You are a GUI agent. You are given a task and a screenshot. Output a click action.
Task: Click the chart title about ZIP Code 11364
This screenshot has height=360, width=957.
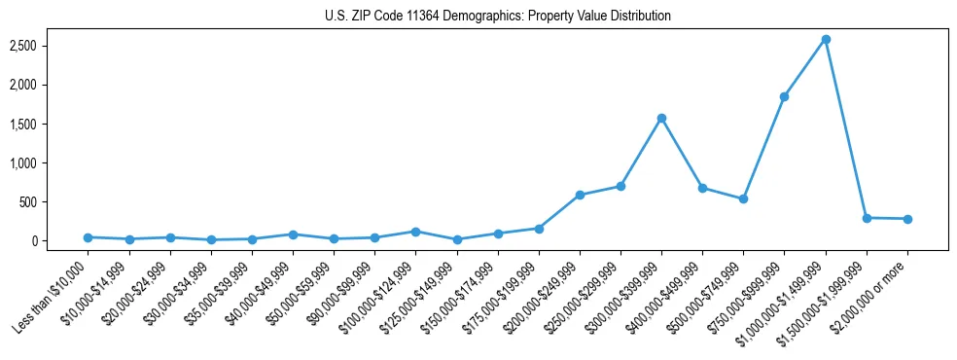497,17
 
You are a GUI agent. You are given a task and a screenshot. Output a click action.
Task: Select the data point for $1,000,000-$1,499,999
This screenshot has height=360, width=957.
826,40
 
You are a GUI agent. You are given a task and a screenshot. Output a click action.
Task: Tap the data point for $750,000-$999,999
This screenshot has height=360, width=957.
784,97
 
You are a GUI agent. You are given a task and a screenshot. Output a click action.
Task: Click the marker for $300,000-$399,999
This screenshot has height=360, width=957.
661,119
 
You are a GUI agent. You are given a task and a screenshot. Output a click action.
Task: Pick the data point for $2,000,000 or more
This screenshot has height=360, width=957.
907,219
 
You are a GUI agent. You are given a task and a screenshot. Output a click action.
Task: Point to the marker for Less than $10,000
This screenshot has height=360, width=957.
88,237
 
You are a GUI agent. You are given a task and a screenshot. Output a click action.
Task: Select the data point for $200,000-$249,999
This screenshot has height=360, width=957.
580,196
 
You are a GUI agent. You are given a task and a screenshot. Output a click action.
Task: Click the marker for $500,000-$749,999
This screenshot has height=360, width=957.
743,198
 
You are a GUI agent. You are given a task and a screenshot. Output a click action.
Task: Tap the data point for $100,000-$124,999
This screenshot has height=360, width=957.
415,232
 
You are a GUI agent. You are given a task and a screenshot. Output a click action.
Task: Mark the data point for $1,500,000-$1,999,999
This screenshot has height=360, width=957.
867,218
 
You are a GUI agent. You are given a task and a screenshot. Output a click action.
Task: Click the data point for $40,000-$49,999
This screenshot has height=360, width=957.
293,234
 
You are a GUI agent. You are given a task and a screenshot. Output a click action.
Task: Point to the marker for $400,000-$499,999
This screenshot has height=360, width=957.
702,188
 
